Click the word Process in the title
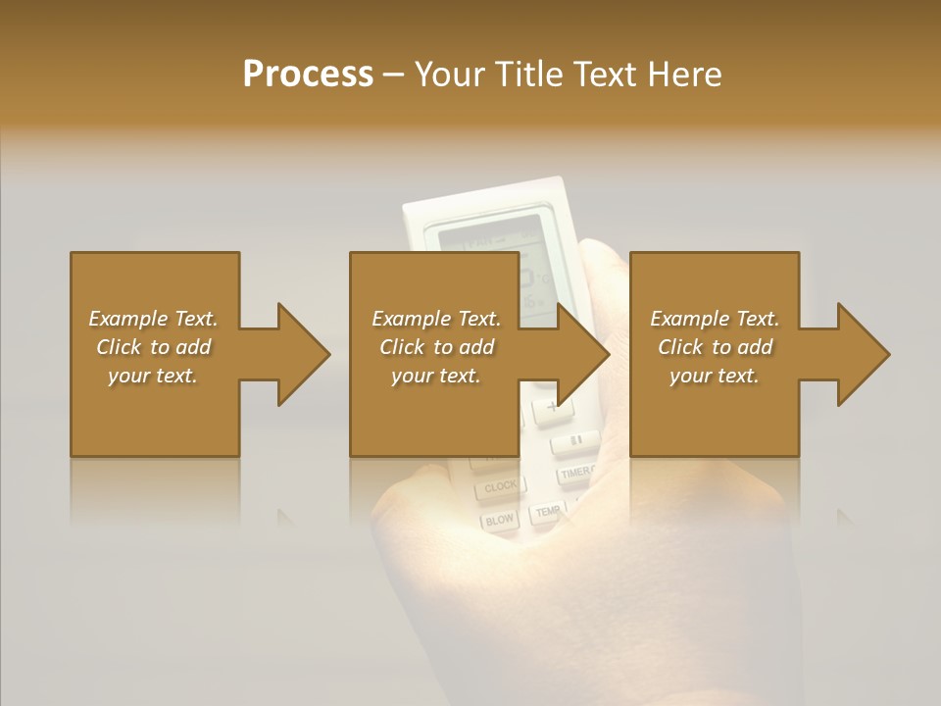pyautogui.click(x=308, y=75)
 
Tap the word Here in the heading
pyautogui.click(x=683, y=75)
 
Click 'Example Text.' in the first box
pyautogui.click(x=154, y=319)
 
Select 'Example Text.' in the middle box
pyautogui.click(x=436, y=319)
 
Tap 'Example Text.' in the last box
pyautogui.click(x=715, y=319)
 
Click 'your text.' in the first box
pyautogui.click(x=154, y=376)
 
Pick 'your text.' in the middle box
pyautogui.click(x=436, y=376)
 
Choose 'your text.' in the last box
pyautogui.click(x=715, y=376)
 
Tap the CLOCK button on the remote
pyautogui.click(x=500, y=486)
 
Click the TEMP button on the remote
pyautogui.click(x=547, y=511)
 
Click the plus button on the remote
pyautogui.click(x=551, y=406)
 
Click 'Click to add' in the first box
pyautogui.click(x=154, y=347)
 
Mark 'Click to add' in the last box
pyautogui.click(x=715, y=347)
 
